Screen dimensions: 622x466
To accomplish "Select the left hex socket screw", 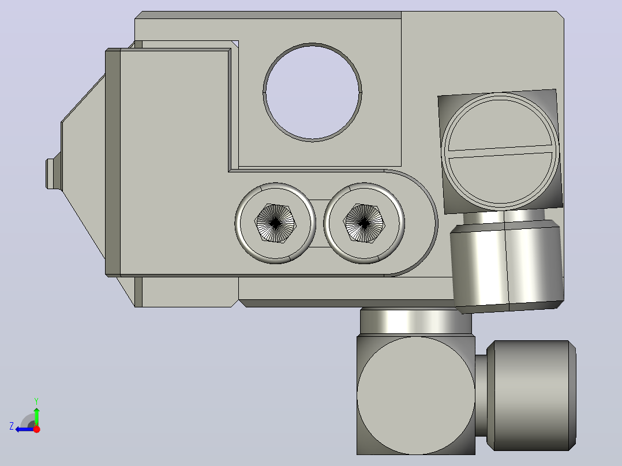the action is [x=275, y=223].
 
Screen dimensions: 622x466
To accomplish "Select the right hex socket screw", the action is [x=364, y=223].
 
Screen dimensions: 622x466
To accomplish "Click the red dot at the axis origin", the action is [x=36, y=429].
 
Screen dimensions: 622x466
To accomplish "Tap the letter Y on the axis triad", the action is [x=36, y=401].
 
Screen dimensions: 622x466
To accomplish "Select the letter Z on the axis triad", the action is [x=12, y=426].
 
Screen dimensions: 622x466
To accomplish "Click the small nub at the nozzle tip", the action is [x=50, y=174].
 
